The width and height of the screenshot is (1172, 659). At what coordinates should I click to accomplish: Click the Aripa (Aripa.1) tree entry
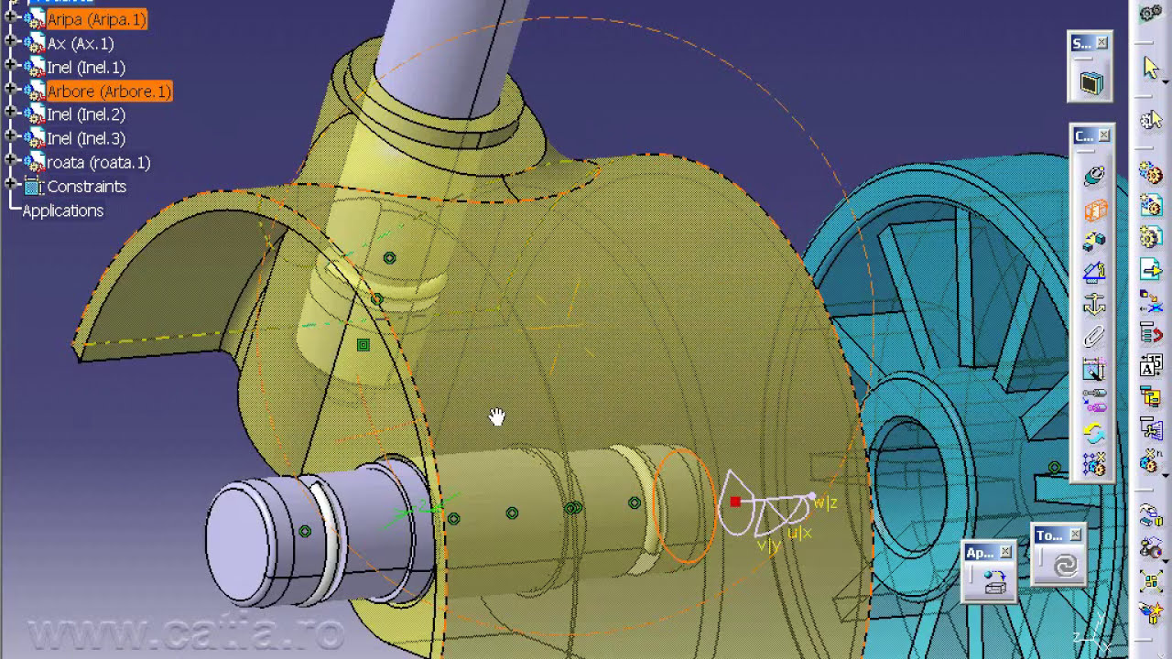pos(96,19)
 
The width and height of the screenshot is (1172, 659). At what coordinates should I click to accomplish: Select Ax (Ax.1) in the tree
pos(81,43)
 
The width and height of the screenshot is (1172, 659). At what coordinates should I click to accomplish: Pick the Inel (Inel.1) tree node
pos(86,67)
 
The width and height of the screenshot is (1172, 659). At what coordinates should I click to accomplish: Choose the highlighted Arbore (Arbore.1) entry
pos(109,92)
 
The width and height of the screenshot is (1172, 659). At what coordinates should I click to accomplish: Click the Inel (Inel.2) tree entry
pos(86,114)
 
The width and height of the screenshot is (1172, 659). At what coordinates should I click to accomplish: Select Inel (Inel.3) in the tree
pos(86,138)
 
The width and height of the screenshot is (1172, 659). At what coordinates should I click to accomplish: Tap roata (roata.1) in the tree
pos(98,162)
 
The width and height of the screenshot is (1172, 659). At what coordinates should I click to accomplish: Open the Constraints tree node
pos(86,186)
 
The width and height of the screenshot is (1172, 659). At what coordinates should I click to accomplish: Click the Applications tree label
pos(62,211)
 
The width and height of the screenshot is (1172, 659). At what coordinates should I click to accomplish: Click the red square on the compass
pos(735,502)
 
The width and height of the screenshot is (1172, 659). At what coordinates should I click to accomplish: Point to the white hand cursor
pos(496,417)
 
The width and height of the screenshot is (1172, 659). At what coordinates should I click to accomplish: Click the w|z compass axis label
pos(826,502)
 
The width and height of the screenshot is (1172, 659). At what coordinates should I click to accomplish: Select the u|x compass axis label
pos(799,533)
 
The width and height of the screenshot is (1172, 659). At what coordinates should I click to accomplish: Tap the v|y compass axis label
pos(768,546)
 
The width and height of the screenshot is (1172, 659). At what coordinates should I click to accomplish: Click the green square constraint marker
pos(364,345)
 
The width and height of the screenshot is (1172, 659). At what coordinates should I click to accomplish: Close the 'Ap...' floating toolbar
pos(1005,552)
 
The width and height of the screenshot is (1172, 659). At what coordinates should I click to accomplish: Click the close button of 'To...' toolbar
pos(1075,535)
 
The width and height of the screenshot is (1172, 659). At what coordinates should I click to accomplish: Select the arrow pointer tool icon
pos(1151,68)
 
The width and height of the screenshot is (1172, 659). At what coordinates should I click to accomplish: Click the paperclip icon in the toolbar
pos(1094,338)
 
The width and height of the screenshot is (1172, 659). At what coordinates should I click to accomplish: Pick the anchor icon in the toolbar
pos(1094,305)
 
